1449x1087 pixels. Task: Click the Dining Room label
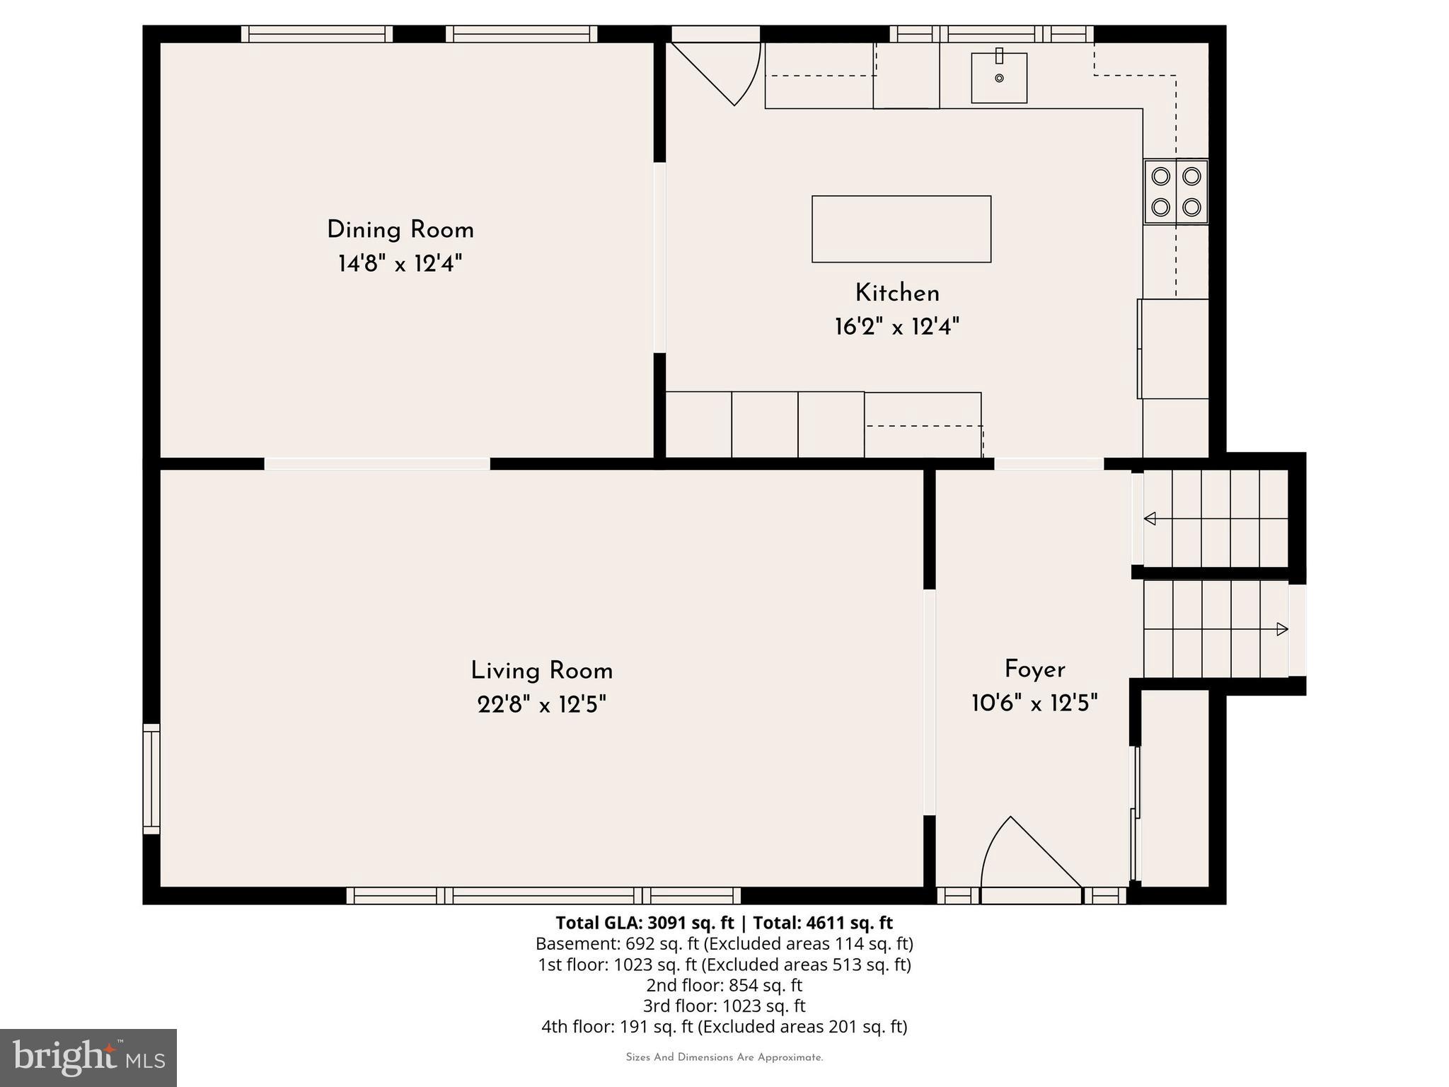click(x=400, y=230)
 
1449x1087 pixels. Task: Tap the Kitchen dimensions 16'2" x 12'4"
click(x=896, y=327)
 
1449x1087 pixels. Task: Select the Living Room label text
click(x=541, y=671)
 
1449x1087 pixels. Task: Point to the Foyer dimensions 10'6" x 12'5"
click(x=1034, y=703)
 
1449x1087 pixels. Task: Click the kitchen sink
click(x=998, y=78)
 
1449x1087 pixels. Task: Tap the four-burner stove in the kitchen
click(x=1176, y=192)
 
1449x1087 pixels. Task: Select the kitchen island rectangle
click(x=901, y=229)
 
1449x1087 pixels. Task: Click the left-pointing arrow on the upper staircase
click(x=1150, y=519)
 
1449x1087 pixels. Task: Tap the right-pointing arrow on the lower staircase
click(x=1281, y=629)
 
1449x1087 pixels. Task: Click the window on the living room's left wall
click(x=151, y=778)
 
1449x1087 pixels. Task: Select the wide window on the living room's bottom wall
click(x=543, y=896)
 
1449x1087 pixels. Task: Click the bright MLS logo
click(x=88, y=1057)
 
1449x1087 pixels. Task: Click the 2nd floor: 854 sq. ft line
click(x=724, y=985)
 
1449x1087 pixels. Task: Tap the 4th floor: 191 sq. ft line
click(x=724, y=1027)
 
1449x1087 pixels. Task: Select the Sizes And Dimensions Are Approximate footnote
click(x=724, y=1057)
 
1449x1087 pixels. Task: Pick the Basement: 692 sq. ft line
click(x=724, y=943)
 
